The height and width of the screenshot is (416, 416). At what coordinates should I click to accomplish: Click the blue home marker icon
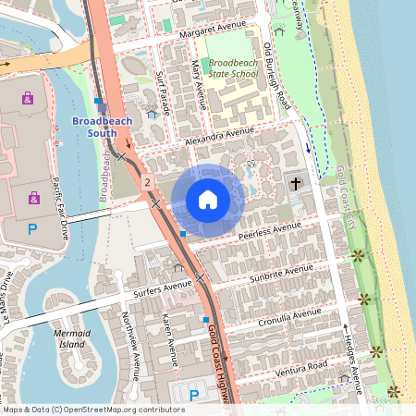pyautogui.click(x=208, y=200)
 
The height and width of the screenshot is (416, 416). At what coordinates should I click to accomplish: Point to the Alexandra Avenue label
pyautogui.click(x=218, y=136)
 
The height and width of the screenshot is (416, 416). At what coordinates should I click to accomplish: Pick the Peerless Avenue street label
pyautogui.click(x=269, y=230)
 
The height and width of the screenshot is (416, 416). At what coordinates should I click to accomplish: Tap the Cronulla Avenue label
pyautogui.click(x=290, y=315)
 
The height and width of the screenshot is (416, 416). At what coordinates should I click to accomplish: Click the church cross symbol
pyautogui.click(x=296, y=184)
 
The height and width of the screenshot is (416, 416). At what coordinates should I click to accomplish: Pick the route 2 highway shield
pyautogui.click(x=146, y=183)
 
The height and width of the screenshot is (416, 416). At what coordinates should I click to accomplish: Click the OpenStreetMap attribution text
pyautogui.click(x=92, y=410)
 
